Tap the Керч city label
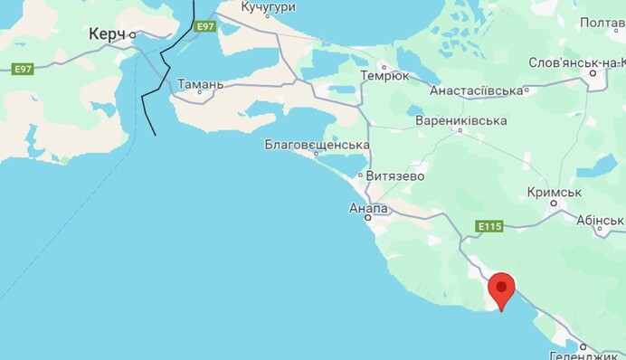tap(108, 33)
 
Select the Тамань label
tap(200, 84)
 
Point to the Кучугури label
tap(269, 7)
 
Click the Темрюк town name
tap(384, 76)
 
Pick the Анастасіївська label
tap(478, 91)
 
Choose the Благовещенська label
tap(317, 145)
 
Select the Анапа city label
tap(368, 208)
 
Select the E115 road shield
tap(486, 226)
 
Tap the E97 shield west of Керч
tap(22, 69)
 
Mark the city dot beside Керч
tap(133, 35)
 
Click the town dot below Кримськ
tap(554, 204)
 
